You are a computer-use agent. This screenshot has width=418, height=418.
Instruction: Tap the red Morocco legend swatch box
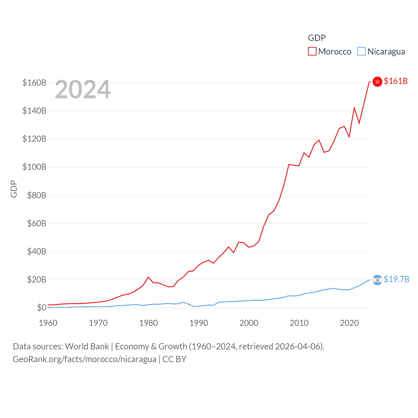pyautogui.click(x=312, y=52)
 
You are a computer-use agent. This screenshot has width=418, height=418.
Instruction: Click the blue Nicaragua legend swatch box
pyautogui.click(x=362, y=52)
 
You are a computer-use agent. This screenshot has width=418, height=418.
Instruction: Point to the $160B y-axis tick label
pyautogui.click(x=34, y=83)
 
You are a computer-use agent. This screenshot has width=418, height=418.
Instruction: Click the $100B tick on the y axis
pyautogui.click(x=34, y=167)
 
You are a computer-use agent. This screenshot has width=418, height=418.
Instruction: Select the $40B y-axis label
pyautogui.click(x=37, y=251)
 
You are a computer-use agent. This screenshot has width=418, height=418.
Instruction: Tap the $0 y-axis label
pyautogui.click(x=41, y=308)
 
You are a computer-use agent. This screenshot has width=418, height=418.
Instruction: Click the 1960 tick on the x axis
pyautogui.click(x=48, y=323)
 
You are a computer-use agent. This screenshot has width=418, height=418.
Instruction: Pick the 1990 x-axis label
pyautogui.click(x=199, y=323)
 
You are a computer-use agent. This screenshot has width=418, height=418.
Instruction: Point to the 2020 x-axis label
pyautogui.click(x=349, y=323)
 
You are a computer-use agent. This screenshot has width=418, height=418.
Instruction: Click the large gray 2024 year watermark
pyautogui.click(x=83, y=90)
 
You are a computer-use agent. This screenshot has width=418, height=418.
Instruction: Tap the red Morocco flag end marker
pyautogui.click(x=377, y=82)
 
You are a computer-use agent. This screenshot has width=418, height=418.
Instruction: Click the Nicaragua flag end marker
pyautogui.click(x=377, y=280)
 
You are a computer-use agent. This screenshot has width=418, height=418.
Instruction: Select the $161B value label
pyautogui.click(x=395, y=81)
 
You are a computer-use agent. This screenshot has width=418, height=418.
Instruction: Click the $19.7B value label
pyautogui.click(x=396, y=279)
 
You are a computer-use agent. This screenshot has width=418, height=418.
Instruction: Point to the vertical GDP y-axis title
pyautogui.click(x=14, y=189)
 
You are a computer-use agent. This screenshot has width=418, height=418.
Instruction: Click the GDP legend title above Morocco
pyautogui.click(x=317, y=38)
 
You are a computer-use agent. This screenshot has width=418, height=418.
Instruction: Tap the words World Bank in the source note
pyautogui.click(x=87, y=346)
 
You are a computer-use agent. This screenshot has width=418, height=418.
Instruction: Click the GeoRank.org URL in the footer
pyautogui.click(x=85, y=359)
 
